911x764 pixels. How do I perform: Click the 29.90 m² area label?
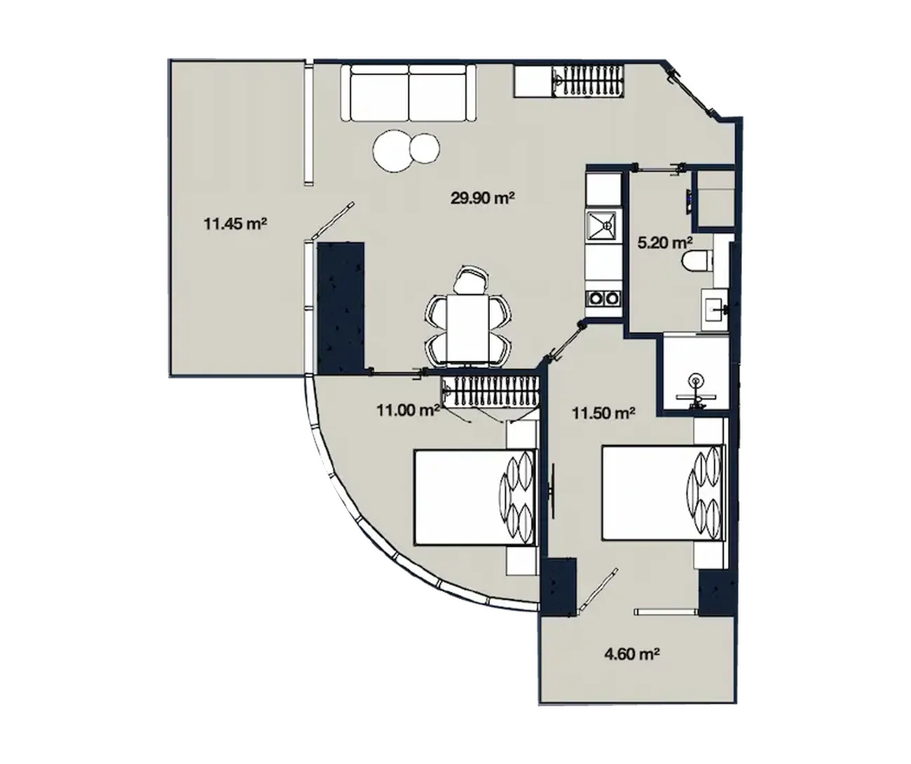[x=483, y=198]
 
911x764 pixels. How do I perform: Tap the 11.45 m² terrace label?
[x=235, y=224]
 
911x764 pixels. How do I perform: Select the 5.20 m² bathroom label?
[x=665, y=243]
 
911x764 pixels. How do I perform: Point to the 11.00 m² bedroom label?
[x=408, y=410]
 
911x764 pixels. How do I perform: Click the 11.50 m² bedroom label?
[x=603, y=413]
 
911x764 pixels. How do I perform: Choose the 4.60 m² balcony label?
[x=631, y=654]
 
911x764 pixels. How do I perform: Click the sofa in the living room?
[x=409, y=93]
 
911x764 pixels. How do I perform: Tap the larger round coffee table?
[x=392, y=151]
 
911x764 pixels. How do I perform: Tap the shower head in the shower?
[x=694, y=380]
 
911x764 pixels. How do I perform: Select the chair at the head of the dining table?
[x=470, y=280]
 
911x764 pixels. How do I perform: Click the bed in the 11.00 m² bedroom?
[x=474, y=497]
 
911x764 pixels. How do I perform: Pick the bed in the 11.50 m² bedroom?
[x=663, y=493]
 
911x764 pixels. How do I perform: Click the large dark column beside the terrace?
[x=341, y=308]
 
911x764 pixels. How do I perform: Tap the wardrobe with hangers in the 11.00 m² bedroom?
[x=489, y=390]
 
